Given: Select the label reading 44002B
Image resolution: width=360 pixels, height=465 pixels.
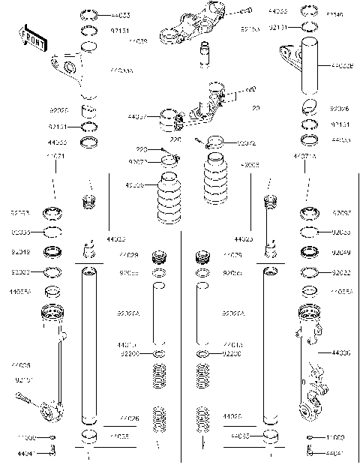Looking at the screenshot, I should (342, 66).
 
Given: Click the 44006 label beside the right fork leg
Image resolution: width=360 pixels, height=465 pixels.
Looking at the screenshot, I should (342, 352).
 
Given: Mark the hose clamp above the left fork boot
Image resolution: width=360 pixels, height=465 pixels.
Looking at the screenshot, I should (172, 158).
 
